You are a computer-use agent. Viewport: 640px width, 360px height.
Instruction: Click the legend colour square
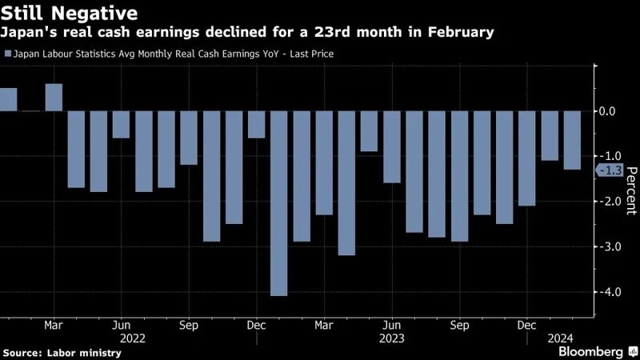pyautogui.click(x=7, y=54)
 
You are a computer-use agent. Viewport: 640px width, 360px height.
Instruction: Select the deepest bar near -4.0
pyautogui.click(x=278, y=203)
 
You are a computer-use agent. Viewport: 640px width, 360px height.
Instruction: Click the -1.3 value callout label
pyautogui.click(x=610, y=170)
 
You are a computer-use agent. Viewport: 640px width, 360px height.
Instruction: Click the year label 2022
pyautogui.click(x=132, y=338)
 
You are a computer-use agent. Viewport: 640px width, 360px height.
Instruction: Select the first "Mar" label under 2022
pyautogui.click(x=54, y=326)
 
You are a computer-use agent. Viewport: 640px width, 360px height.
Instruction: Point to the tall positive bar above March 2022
pyautogui.click(x=54, y=98)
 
